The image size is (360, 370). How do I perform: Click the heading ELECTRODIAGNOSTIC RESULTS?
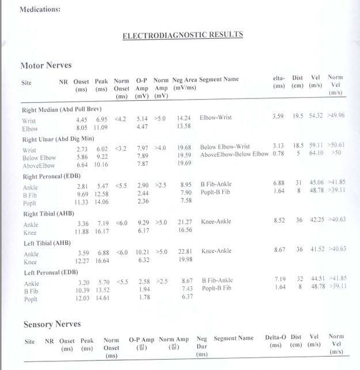pyautogui.click(x=183, y=35)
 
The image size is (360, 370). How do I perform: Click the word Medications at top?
pyautogui.click(x=40, y=9)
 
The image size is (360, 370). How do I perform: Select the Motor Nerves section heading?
pyautogui.click(x=46, y=65)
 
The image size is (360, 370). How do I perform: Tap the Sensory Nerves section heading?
pyautogui.click(x=52, y=324)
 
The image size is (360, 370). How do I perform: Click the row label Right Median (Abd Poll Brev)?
pyautogui.click(x=62, y=110)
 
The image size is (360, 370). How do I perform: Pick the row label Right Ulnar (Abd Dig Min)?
pyautogui.click(x=59, y=139)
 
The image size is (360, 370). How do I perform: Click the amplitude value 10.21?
pyautogui.click(x=142, y=251)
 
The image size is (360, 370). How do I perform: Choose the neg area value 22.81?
pyautogui.click(x=185, y=251)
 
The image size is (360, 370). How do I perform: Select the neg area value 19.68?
pyautogui.click(x=184, y=148)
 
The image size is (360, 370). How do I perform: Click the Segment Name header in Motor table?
pyautogui.click(x=219, y=80)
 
